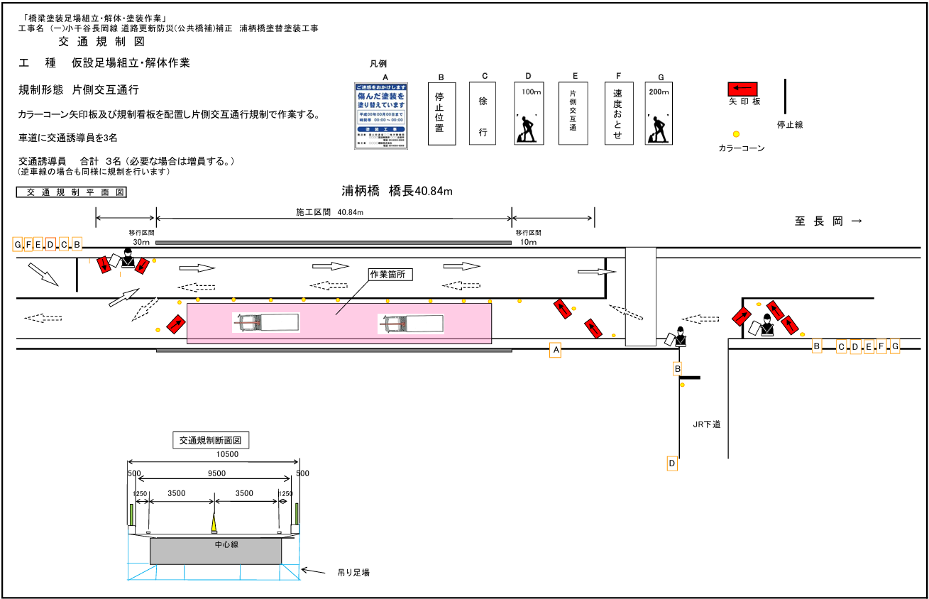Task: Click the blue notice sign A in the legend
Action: tap(382, 116)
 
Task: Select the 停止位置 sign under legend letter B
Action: tap(441, 114)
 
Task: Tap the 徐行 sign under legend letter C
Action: tap(483, 114)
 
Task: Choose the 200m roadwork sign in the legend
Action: tap(659, 114)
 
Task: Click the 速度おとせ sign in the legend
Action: tap(618, 114)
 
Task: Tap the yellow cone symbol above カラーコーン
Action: tap(736, 133)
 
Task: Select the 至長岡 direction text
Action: tap(828, 221)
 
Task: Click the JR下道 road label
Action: tap(707, 424)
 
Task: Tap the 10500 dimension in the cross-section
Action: tap(227, 455)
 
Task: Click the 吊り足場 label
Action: tap(353, 572)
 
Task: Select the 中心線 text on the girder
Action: tap(226, 544)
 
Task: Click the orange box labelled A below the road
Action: tap(556, 350)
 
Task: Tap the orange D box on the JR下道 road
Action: tap(671, 463)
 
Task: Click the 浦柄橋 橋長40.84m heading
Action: tap(397, 191)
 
